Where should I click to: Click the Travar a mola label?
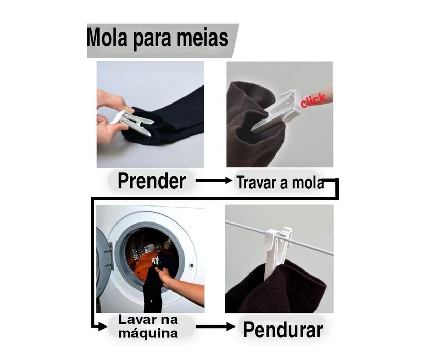280,183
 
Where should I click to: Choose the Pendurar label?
283,330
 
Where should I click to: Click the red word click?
313,99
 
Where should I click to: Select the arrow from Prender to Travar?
214,181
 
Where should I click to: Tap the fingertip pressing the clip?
325,96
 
